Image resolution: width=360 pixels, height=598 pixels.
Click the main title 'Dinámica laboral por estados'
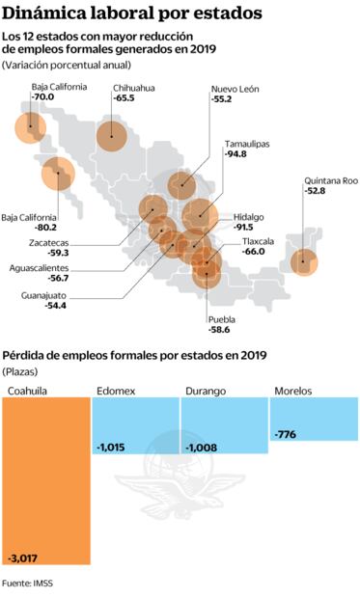[131, 14]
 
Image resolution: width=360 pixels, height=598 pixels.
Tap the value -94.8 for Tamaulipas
[236, 153]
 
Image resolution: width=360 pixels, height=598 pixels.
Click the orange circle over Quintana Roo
[304, 260]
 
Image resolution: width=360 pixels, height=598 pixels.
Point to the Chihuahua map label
[134, 87]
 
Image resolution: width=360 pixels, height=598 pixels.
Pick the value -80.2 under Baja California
[44, 229]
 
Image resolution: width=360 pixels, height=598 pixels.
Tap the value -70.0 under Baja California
[43, 98]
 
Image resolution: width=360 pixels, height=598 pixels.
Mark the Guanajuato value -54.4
[56, 306]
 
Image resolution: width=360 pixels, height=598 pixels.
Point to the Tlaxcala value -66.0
[254, 251]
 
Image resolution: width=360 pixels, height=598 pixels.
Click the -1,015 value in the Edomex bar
[114, 447]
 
